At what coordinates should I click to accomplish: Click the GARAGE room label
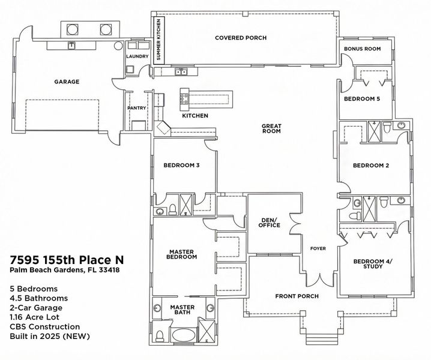(x=67, y=82)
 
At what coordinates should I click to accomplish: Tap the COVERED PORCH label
(x=241, y=38)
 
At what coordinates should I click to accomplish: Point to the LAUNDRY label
(x=137, y=56)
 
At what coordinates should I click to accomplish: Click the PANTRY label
(x=137, y=108)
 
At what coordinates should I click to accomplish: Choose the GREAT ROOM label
(x=271, y=128)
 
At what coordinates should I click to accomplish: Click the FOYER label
(x=318, y=248)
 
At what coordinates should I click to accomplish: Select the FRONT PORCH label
(x=297, y=296)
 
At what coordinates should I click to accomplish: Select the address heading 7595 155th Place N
(x=67, y=260)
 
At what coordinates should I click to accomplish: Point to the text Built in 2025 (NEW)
(x=50, y=336)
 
